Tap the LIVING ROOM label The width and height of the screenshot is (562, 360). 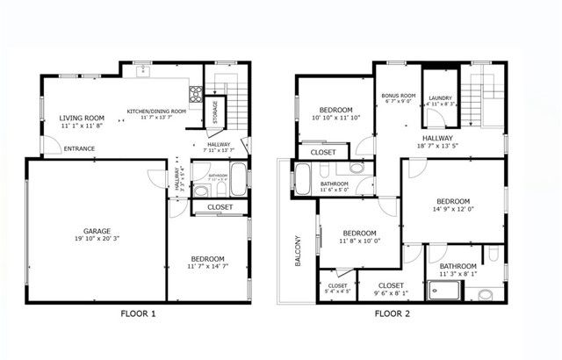click(82, 118)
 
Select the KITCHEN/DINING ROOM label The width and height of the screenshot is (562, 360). click(156, 112)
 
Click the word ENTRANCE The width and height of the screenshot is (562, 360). click(79, 148)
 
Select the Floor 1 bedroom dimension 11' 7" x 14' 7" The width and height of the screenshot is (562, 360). click(207, 266)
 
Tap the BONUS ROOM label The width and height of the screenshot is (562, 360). click(398, 95)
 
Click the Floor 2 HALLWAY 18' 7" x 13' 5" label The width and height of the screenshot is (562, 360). click(438, 143)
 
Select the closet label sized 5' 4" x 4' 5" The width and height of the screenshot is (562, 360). click(337, 290)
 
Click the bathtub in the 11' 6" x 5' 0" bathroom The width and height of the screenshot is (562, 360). click(303, 178)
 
